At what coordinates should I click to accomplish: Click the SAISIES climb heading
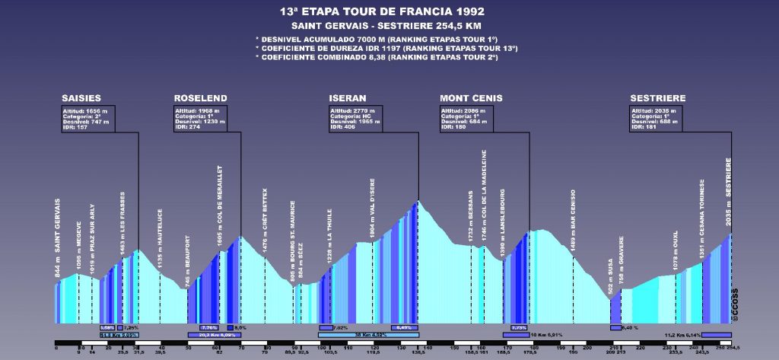(x=81, y=98)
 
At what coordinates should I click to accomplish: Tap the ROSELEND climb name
(x=200, y=98)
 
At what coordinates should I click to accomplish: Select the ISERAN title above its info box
(x=348, y=98)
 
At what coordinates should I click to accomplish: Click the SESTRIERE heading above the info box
(x=658, y=98)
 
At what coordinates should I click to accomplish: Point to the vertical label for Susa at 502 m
(x=611, y=276)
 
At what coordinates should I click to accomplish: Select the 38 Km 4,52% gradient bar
(x=367, y=334)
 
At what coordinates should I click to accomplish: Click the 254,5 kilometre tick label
(x=733, y=352)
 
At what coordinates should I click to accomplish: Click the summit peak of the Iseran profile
(x=418, y=201)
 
